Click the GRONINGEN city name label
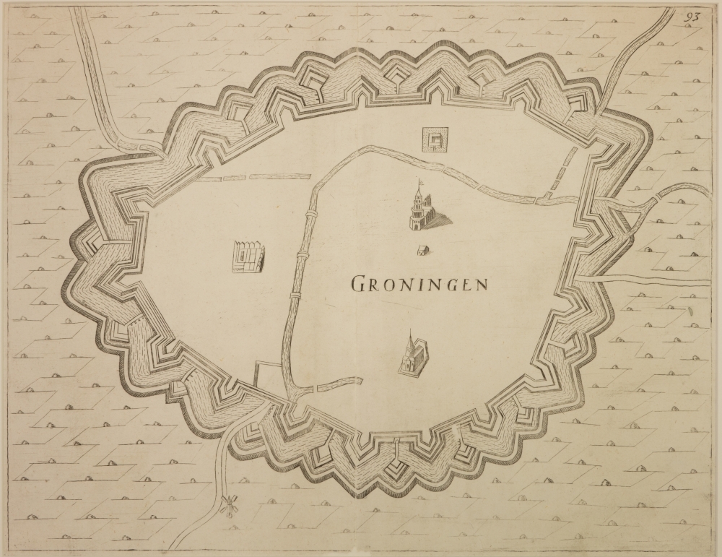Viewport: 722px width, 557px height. point(419,283)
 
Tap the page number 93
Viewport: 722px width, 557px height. point(693,18)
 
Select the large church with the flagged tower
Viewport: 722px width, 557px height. point(426,210)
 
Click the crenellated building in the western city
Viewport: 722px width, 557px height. point(248,257)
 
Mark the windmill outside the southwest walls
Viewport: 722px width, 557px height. point(230,506)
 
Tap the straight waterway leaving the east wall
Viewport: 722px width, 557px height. point(650,277)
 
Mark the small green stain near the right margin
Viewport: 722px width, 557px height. point(689,311)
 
